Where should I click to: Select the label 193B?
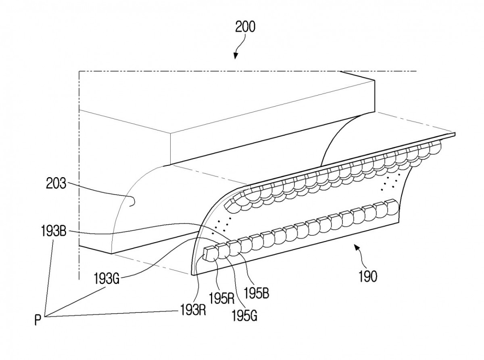[54, 231]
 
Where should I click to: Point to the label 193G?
[107, 278]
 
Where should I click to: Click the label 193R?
[193, 310]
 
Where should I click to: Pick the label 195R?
[222, 298]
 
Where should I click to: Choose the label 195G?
[244, 316]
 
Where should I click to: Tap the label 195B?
[257, 293]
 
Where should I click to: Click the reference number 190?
[368, 276]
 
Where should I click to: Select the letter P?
[38, 320]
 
